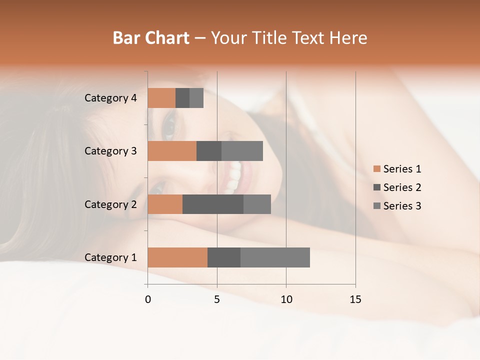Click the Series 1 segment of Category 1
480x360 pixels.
point(177,257)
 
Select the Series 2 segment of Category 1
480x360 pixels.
point(224,257)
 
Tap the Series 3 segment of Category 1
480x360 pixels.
point(275,257)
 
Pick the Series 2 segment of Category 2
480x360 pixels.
point(213,204)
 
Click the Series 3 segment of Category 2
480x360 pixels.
point(257,204)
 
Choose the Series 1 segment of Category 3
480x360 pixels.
point(172,151)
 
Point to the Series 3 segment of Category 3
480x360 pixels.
point(242,151)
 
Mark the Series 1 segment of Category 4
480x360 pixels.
point(161,98)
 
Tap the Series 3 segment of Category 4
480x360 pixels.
point(196,98)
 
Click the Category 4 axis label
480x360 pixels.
point(110,98)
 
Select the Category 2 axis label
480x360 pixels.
point(110,204)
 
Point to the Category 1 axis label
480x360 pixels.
point(110,257)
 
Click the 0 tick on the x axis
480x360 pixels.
point(148,299)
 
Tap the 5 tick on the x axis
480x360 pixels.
point(217,299)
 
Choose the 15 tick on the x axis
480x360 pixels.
point(355,299)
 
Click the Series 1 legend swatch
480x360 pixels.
point(377,169)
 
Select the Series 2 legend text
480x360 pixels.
point(402,187)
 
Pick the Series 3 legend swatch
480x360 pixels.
point(377,206)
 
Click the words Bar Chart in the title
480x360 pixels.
point(151,38)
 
